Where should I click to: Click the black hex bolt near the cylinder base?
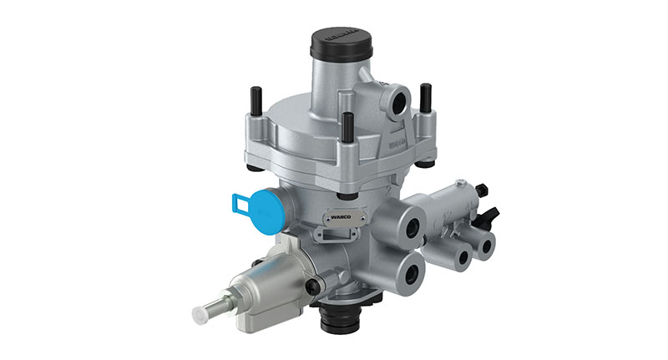click(x=313, y=286)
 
